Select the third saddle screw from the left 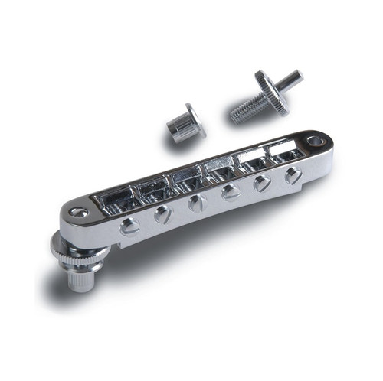tap(196, 204)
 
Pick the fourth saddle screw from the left tap(230, 194)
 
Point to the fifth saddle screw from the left tap(263, 184)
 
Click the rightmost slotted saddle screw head tap(293, 175)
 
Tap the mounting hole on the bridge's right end tap(315, 142)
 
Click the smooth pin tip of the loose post tap(292, 79)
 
